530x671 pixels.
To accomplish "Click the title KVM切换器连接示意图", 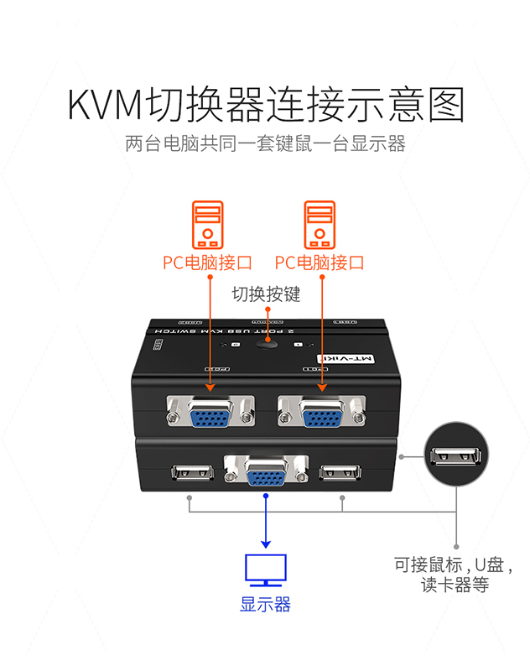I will point(265,107).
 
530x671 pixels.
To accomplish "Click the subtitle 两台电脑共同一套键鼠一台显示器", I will point(265,143).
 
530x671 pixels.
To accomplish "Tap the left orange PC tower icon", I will point(208,224).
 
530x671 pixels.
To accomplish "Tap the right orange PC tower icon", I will point(320,224).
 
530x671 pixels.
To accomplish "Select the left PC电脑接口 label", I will point(207,263).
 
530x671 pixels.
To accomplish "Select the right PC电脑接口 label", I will point(320,263).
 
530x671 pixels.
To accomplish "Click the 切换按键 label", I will point(266,294).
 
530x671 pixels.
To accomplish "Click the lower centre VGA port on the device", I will point(265,474).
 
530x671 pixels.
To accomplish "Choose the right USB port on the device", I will point(341,472).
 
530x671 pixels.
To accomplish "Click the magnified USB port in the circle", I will point(456,456).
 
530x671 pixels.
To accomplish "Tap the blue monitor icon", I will point(265,570).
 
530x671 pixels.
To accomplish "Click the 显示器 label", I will point(265,604).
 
